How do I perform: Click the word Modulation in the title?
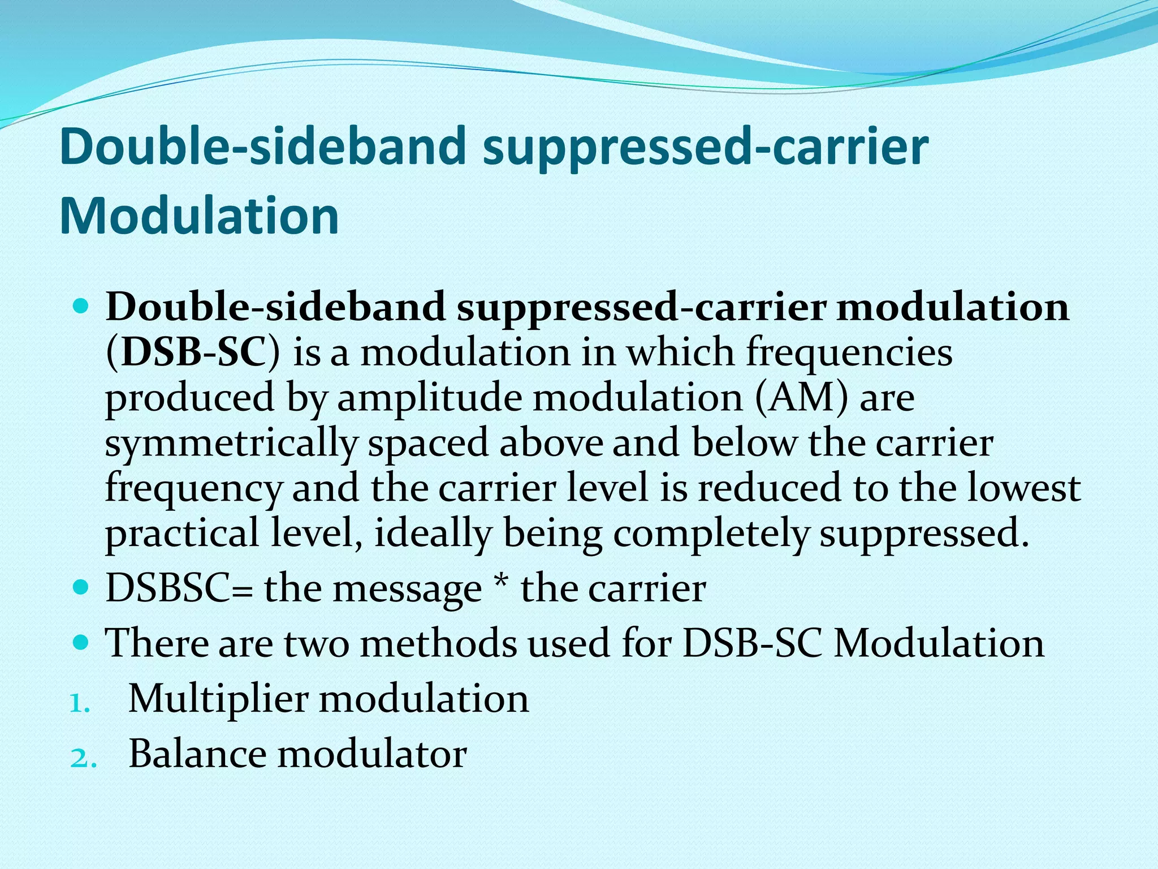pyautogui.click(x=199, y=216)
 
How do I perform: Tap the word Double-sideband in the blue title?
pyautogui.click(x=261, y=147)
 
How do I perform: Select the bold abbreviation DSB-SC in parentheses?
pyautogui.click(x=193, y=352)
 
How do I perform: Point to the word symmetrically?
pyautogui.click(x=231, y=444)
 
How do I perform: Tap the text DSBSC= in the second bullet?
pyautogui.click(x=179, y=588)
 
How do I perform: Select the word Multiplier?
pyautogui.click(x=218, y=698)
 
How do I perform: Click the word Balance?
pyautogui.click(x=197, y=754)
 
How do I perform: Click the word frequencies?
pyautogui.click(x=849, y=352)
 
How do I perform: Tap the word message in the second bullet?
pyautogui.click(x=407, y=590)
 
